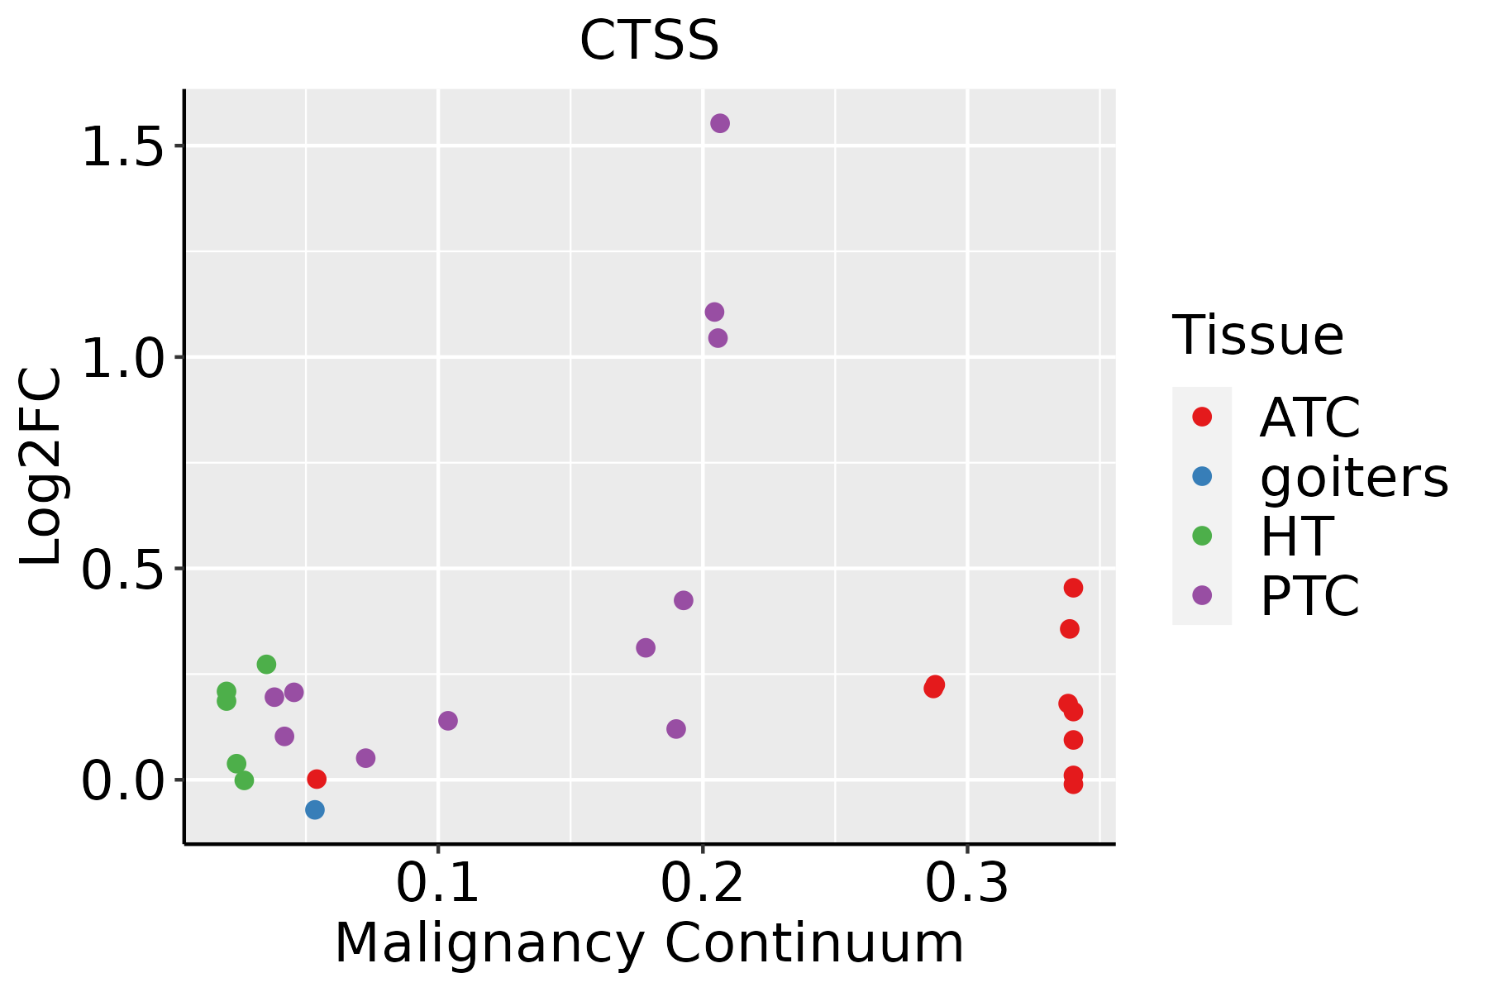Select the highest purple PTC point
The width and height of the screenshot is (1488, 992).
[x=720, y=123]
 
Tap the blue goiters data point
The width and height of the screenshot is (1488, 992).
[x=315, y=809]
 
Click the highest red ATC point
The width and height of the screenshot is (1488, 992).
[x=1073, y=588]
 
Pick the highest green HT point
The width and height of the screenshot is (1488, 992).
[x=266, y=664]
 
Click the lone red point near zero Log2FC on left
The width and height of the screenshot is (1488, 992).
[x=317, y=779]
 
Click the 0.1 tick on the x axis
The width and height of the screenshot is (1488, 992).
[x=438, y=884]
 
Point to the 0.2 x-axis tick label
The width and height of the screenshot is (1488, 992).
[x=703, y=884]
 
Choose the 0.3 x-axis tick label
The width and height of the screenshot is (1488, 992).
[x=967, y=884]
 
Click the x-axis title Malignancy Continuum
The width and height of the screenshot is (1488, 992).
[x=649, y=944]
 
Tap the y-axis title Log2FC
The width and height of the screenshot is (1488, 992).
[x=41, y=467]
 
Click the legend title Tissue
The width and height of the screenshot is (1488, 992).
[x=1258, y=336]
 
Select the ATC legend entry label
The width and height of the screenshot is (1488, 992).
[x=1309, y=418]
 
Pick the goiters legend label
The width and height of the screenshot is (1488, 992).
[x=1354, y=478]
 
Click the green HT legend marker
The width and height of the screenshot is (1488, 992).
[x=1202, y=536]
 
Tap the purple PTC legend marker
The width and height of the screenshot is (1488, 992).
[x=1202, y=595]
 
